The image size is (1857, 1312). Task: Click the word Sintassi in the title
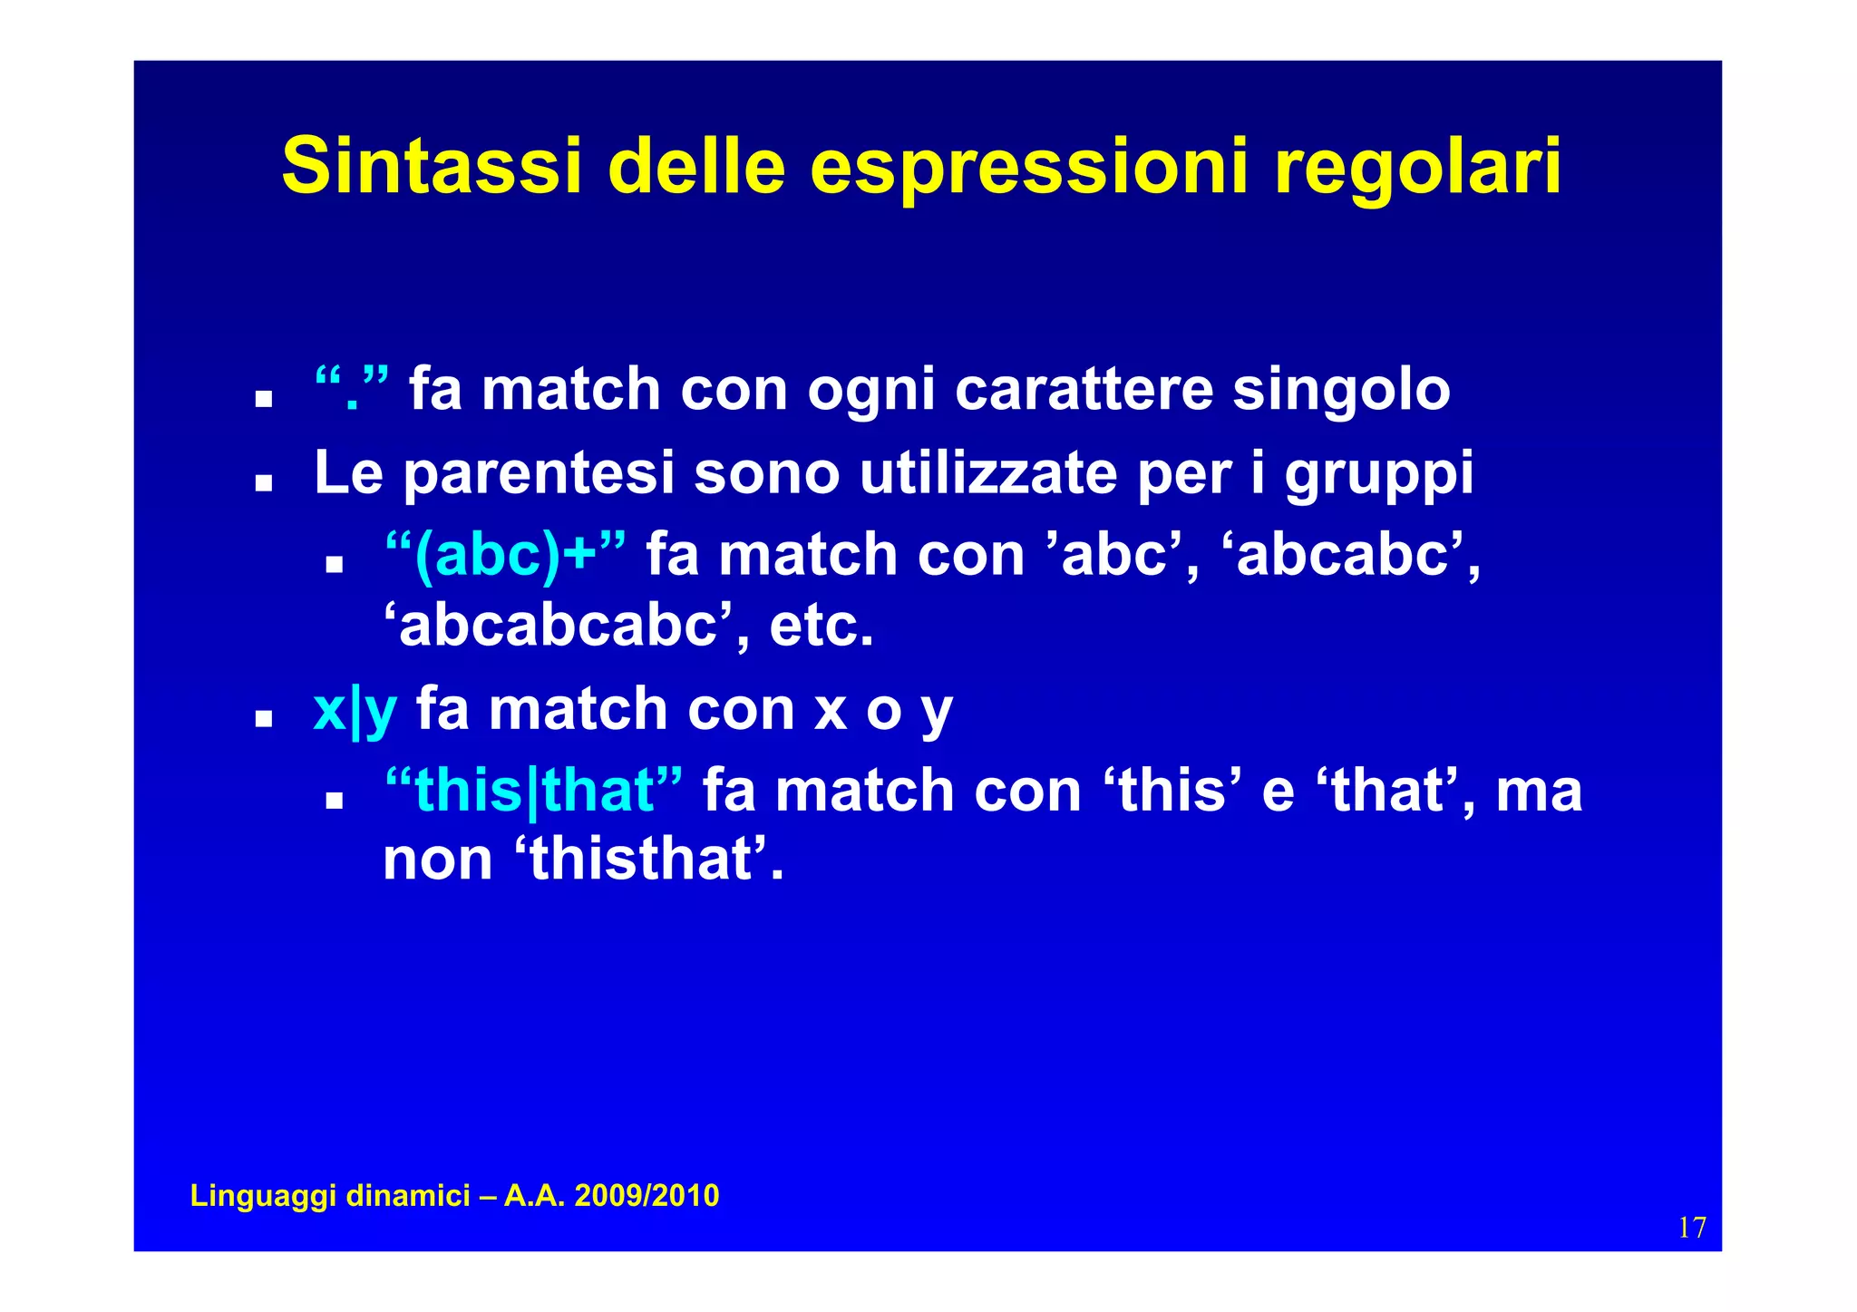tap(431, 166)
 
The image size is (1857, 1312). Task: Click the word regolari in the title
tap(1418, 168)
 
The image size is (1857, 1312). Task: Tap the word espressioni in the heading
tap(1030, 168)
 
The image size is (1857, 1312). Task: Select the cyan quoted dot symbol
tap(352, 389)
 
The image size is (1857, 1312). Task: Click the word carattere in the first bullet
tap(1084, 390)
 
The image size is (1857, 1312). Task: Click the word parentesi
tap(539, 474)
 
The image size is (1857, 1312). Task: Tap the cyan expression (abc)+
tap(505, 555)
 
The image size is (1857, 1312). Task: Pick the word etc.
tap(822, 626)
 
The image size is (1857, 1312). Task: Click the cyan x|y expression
tap(355, 710)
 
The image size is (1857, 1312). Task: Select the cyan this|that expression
tap(533, 791)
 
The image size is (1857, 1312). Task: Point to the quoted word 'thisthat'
tap(641, 859)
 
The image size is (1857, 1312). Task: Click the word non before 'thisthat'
tap(437, 860)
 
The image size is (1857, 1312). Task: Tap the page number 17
tap(1692, 1228)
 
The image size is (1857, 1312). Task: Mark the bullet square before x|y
tap(264, 719)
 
